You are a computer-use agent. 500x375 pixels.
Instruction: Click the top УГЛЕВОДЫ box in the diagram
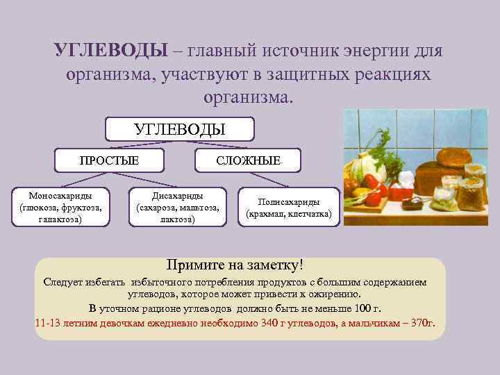(x=179, y=128)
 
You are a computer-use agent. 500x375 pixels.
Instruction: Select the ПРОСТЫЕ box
(x=109, y=160)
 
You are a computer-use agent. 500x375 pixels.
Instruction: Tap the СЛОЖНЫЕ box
(x=248, y=160)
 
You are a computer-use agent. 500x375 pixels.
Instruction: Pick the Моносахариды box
(x=60, y=207)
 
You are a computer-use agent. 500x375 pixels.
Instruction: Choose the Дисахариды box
(x=178, y=207)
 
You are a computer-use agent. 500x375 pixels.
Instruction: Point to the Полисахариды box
(x=289, y=208)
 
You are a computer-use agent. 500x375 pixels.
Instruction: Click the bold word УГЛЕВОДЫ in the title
(x=111, y=52)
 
